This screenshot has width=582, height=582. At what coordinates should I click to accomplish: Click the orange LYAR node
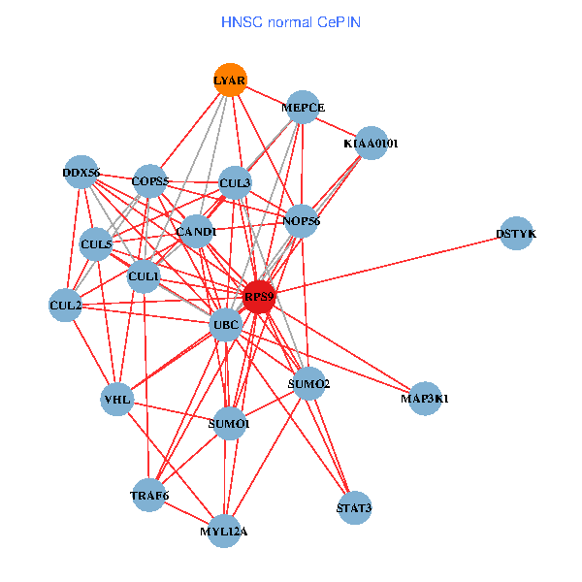click(x=230, y=81)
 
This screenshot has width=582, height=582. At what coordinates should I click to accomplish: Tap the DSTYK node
click(x=516, y=234)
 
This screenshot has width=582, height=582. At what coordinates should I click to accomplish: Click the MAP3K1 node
click(x=425, y=398)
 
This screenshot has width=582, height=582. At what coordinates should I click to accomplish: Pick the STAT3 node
click(x=354, y=507)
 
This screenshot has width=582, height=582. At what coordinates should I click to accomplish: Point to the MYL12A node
click(x=224, y=531)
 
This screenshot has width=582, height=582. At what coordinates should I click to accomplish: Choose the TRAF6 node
click(x=149, y=496)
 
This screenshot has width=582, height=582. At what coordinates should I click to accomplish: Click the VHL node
click(x=116, y=399)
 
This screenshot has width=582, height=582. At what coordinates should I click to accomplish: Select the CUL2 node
click(x=65, y=306)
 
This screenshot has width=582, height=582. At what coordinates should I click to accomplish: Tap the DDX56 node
click(x=81, y=173)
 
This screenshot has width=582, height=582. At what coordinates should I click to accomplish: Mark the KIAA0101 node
click(x=371, y=144)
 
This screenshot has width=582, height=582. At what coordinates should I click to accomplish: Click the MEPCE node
click(x=304, y=108)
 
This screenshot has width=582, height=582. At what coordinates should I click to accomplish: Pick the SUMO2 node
click(x=309, y=384)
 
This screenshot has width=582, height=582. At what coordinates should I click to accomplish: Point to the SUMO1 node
click(x=230, y=424)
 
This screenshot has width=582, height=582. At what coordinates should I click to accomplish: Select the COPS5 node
click(x=150, y=180)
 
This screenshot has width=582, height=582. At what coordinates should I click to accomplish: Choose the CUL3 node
click(x=235, y=182)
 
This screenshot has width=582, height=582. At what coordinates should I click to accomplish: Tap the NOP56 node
click(x=302, y=221)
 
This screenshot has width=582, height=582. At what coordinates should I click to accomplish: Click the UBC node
click(x=226, y=324)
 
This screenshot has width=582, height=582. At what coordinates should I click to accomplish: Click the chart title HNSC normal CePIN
click(x=291, y=20)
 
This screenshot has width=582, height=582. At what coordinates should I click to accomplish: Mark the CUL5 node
click(x=96, y=244)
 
